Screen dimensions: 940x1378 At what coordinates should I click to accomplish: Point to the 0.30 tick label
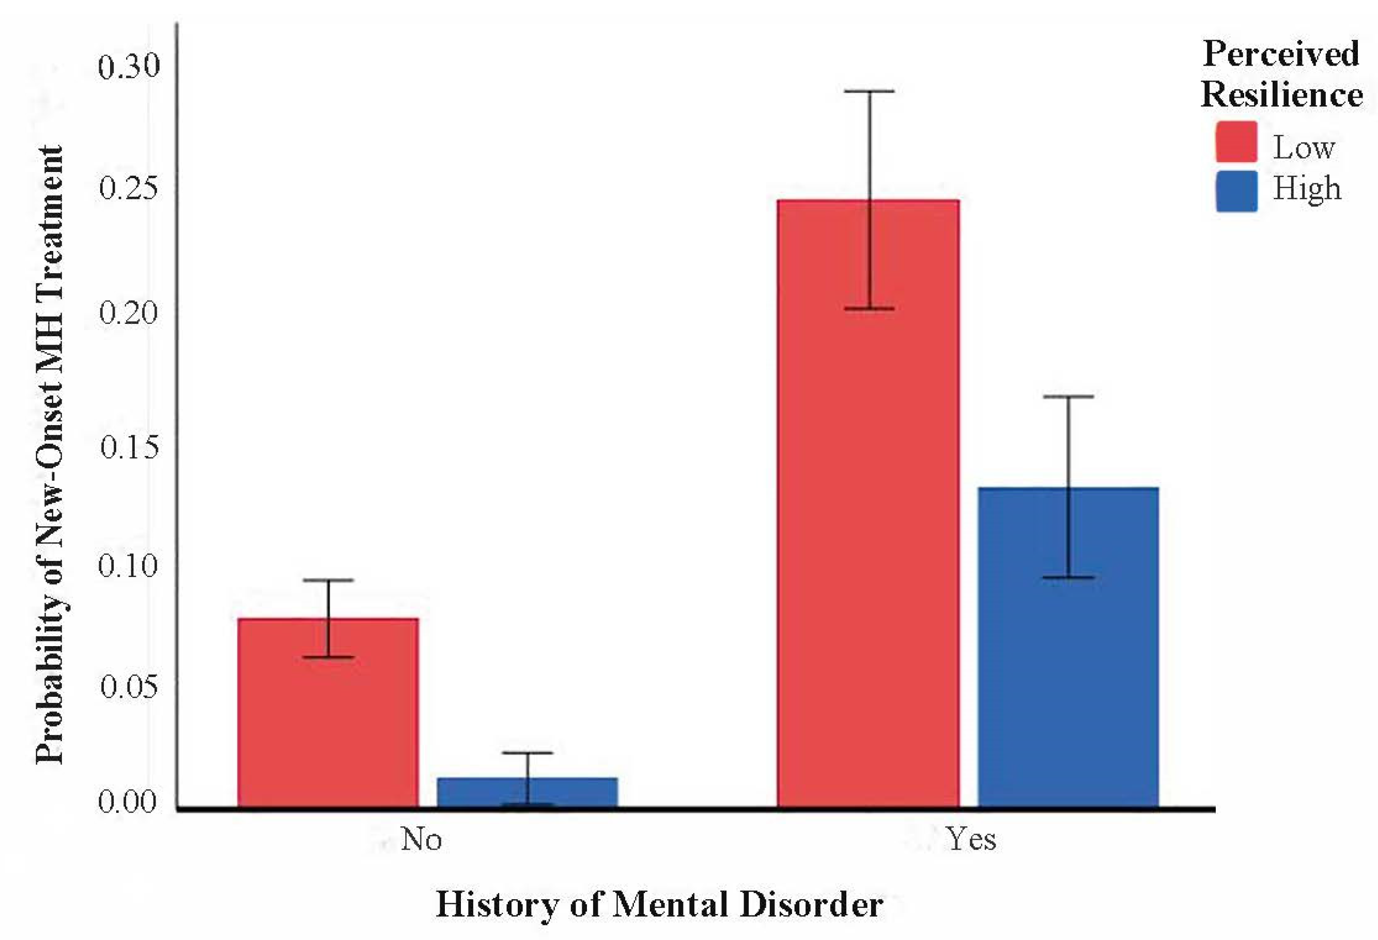click(129, 66)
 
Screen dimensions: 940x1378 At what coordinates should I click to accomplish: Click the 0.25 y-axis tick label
click(129, 189)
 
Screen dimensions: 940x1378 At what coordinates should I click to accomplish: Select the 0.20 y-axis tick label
click(129, 312)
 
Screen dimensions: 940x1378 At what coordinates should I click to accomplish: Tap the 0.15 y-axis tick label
click(129, 446)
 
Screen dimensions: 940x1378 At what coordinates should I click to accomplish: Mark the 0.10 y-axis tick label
click(129, 565)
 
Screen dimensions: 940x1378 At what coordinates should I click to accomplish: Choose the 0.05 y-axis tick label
click(129, 686)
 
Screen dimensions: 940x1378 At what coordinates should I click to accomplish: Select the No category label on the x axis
click(421, 839)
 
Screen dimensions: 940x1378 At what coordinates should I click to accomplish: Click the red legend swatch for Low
click(1236, 142)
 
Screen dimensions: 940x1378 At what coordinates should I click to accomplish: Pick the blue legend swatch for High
click(1236, 191)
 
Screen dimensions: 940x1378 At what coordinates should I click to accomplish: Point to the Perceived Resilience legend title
click(1281, 74)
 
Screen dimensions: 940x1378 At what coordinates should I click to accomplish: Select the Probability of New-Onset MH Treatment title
click(49, 455)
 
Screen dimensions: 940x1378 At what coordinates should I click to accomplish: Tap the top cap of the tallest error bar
click(869, 91)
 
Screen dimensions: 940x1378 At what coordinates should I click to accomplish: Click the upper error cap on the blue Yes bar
click(1069, 397)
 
